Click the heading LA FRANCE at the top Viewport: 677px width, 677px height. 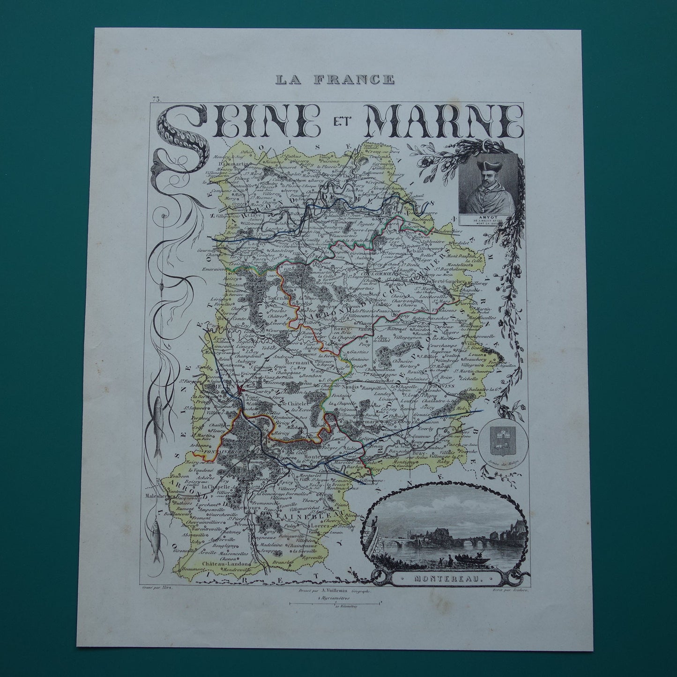335,79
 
